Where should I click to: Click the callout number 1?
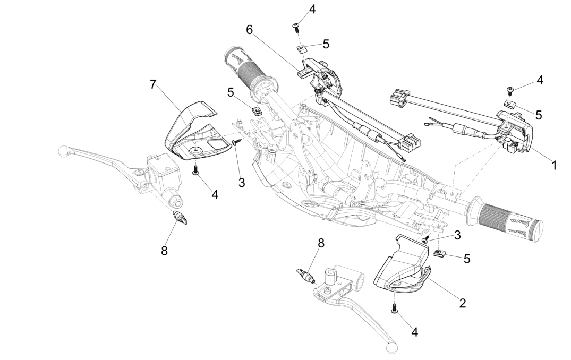point(553,165)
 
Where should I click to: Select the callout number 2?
point(463,303)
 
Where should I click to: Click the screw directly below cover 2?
point(395,308)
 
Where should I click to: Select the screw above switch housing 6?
point(296,26)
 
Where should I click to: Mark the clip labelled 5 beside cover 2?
point(438,253)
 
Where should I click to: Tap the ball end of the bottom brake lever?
point(393,347)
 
